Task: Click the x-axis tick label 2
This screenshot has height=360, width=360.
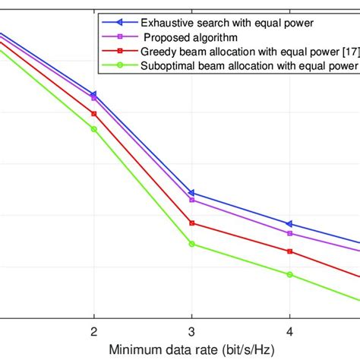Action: (x=93, y=332)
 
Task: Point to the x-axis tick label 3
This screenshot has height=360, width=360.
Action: (x=191, y=332)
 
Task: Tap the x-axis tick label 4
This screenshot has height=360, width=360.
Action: (x=289, y=332)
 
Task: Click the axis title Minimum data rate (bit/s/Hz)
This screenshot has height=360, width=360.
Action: (x=191, y=350)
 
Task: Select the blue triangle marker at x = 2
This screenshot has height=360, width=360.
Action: (x=93, y=95)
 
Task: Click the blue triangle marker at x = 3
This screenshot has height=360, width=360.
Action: (x=191, y=193)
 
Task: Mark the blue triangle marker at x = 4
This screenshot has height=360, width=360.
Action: (x=289, y=224)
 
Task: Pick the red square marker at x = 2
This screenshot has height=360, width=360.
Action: (x=93, y=113)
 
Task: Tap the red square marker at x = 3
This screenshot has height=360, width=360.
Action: (x=191, y=223)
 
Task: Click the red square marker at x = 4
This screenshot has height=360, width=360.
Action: (x=289, y=251)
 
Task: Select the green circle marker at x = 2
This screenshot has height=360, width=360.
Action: (x=93, y=129)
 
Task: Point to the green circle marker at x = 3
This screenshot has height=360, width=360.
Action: (x=191, y=244)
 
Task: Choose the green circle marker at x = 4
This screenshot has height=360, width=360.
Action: (x=289, y=274)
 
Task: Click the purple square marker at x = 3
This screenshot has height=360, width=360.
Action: (x=191, y=200)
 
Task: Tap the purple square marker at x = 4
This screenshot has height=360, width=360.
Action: (x=289, y=233)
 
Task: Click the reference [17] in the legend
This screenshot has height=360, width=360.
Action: (x=349, y=52)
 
